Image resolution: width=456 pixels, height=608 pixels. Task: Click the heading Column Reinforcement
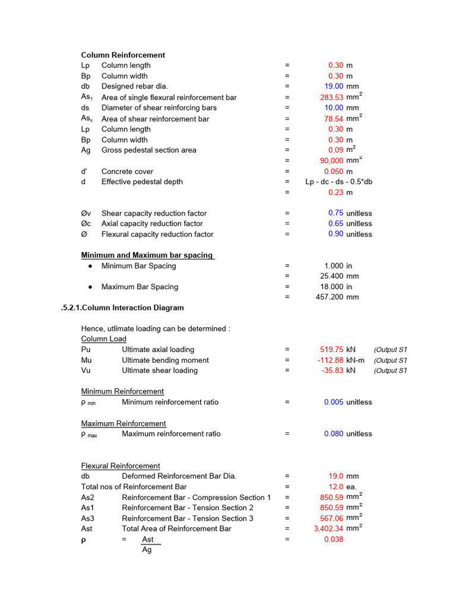point(123,55)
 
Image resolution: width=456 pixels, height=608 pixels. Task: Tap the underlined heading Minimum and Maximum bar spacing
point(147,255)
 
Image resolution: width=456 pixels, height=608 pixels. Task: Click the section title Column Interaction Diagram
point(122,308)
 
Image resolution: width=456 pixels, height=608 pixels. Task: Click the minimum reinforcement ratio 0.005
point(334,402)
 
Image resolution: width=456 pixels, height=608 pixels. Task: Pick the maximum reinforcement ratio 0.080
point(334,434)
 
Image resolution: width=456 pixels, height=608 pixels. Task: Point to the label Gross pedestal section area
point(148,150)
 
